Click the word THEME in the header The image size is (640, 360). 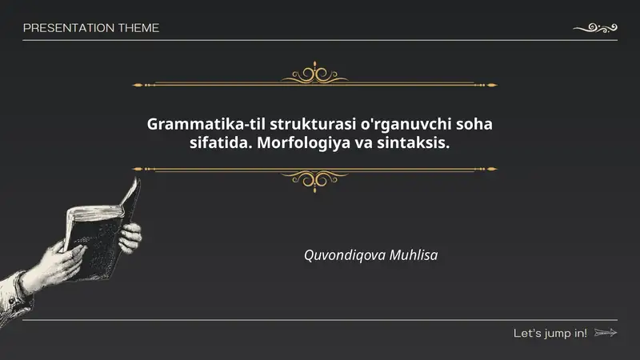tap(138, 28)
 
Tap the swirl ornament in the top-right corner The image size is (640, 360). tap(596, 28)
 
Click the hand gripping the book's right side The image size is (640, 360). tap(130, 236)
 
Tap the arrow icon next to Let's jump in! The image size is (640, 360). tap(606, 333)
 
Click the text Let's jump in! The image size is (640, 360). tap(550, 333)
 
